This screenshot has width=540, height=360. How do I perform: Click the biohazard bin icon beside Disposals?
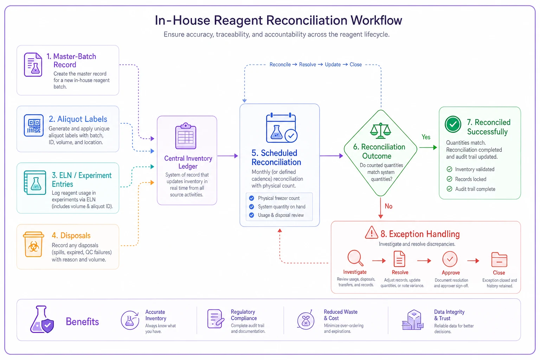pos(33,244)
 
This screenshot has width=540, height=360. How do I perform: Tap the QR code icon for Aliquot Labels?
pos(34,126)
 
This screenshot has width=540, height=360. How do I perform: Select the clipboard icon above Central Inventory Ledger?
pos(186,136)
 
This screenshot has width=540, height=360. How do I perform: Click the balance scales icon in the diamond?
pos(380,131)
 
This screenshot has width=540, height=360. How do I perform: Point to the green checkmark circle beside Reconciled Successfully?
pos(453,124)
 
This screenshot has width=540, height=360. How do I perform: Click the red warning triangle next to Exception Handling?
pos(371,232)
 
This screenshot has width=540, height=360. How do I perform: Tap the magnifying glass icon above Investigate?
pos(355,258)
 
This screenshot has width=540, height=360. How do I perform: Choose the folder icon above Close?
pos(499,259)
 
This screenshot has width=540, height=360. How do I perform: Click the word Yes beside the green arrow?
pos(426,137)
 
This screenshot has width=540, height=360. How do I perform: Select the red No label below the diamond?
pos(388,206)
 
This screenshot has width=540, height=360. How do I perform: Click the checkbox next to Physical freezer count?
pos(251,198)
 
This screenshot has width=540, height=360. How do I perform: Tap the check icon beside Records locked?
pos(449,179)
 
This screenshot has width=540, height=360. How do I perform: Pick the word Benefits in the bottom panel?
pos(82,322)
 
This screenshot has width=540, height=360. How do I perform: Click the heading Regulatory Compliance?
pos(244,315)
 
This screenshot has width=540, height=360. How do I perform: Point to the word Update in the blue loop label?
pos(333,64)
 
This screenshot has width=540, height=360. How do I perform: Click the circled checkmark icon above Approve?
pos(450,259)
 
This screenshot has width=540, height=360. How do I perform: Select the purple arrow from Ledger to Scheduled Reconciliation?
pos(228,156)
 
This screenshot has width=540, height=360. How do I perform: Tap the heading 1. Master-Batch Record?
pos(71,60)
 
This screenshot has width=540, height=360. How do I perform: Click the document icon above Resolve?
pos(399,259)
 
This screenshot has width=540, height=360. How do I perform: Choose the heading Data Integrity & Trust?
pos(449,315)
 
